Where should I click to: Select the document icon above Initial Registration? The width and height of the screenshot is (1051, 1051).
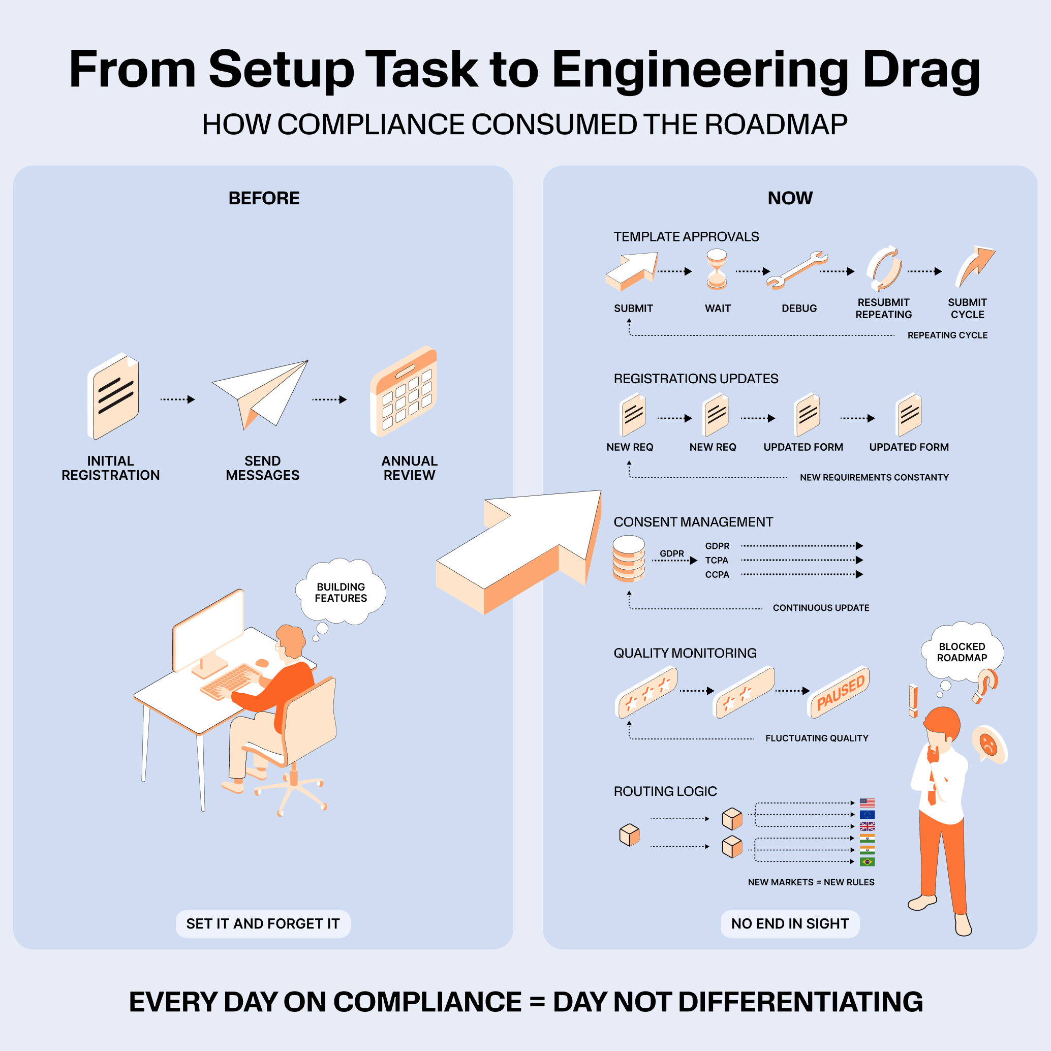point(114,396)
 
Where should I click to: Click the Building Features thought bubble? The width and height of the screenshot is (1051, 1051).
point(341,592)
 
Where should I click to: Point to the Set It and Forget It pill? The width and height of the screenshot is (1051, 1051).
point(263,924)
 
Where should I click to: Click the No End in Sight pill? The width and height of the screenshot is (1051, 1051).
point(789,924)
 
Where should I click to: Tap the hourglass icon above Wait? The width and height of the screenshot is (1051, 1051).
point(717,269)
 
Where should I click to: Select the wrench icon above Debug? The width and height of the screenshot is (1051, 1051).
point(797,269)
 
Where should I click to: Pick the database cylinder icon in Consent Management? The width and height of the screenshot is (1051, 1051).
point(629,559)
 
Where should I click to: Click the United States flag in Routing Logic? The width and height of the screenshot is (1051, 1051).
point(867,803)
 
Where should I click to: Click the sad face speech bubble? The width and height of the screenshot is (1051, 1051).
point(988,744)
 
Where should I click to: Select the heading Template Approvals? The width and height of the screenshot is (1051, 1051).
point(686,237)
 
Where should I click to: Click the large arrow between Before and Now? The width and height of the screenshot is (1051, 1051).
point(522,549)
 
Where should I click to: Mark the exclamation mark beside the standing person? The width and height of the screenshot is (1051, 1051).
point(913,701)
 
